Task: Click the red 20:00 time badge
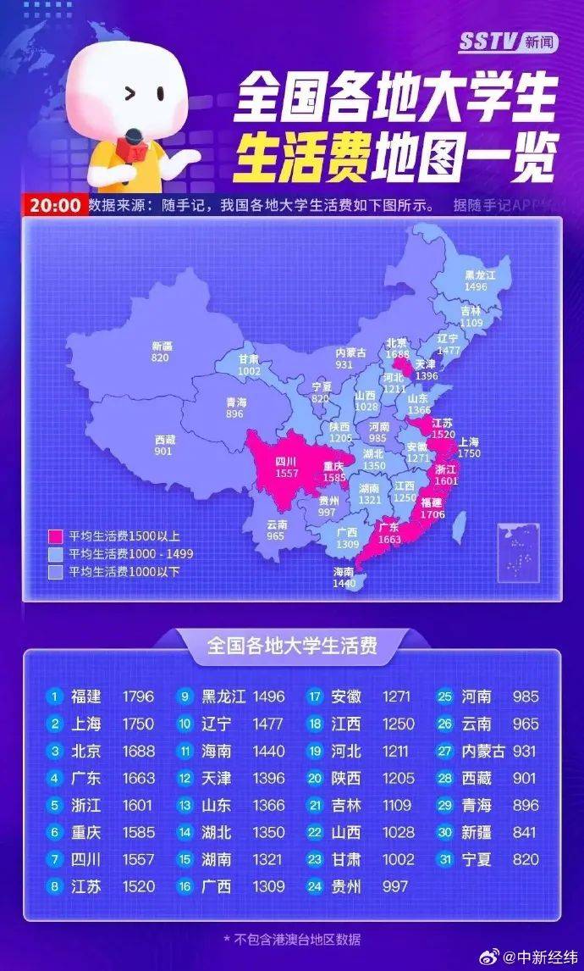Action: point(56,205)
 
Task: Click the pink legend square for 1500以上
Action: point(56,536)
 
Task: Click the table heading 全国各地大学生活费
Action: point(292,646)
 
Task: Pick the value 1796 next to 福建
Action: point(138,696)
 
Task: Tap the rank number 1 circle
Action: point(55,696)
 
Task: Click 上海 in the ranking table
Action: point(85,724)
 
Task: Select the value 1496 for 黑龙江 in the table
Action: point(268,696)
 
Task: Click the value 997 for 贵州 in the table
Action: point(393,886)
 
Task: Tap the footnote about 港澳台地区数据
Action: point(292,939)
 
